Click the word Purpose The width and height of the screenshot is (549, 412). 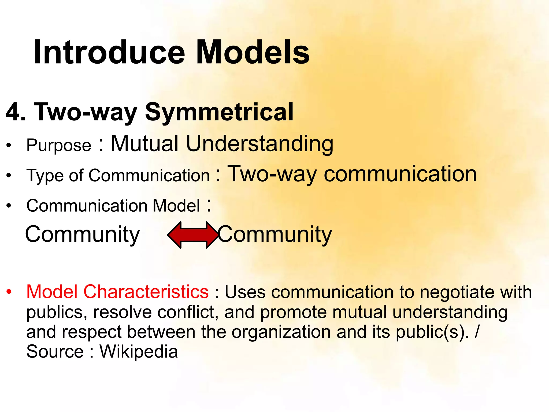[59, 146]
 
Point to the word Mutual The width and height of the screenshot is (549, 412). [145, 144]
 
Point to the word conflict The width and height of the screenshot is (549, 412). [188, 312]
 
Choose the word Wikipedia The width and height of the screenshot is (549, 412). [139, 352]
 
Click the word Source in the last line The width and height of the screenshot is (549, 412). [55, 352]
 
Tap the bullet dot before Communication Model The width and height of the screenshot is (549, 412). [9, 206]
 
